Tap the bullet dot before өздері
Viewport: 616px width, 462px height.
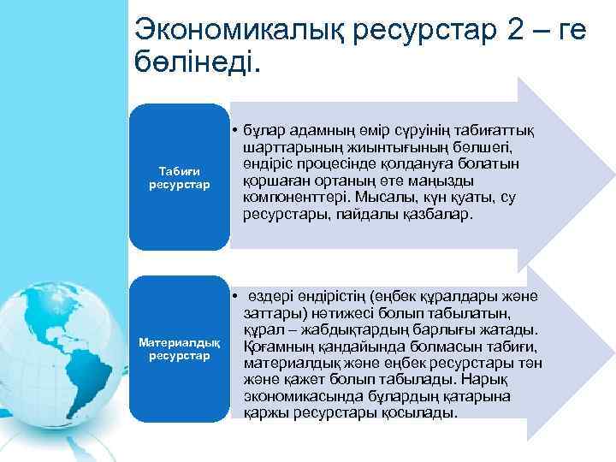coord(234,296)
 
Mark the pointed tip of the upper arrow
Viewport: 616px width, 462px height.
coord(600,176)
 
